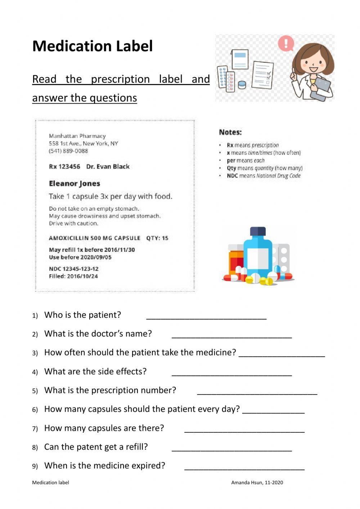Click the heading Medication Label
pyautogui.click(x=93, y=46)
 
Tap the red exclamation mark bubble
pyautogui.click(x=286, y=44)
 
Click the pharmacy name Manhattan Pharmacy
pyautogui.click(x=77, y=136)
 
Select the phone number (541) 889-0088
pyautogui.click(x=68, y=151)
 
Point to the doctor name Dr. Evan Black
pyautogui.click(x=108, y=166)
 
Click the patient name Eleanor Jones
pyautogui.click(x=75, y=184)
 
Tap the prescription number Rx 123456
pyautogui.click(x=64, y=166)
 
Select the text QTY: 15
pyautogui.click(x=157, y=238)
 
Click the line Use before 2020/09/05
pyautogui.click(x=80, y=257)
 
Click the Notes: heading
pyautogui.click(x=230, y=132)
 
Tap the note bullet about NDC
pyautogui.click(x=264, y=176)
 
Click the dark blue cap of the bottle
pyautogui.click(x=258, y=231)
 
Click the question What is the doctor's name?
pyautogui.click(x=98, y=334)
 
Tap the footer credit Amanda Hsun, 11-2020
pyautogui.click(x=257, y=483)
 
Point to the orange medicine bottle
pyautogui.click(x=236, y=261)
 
